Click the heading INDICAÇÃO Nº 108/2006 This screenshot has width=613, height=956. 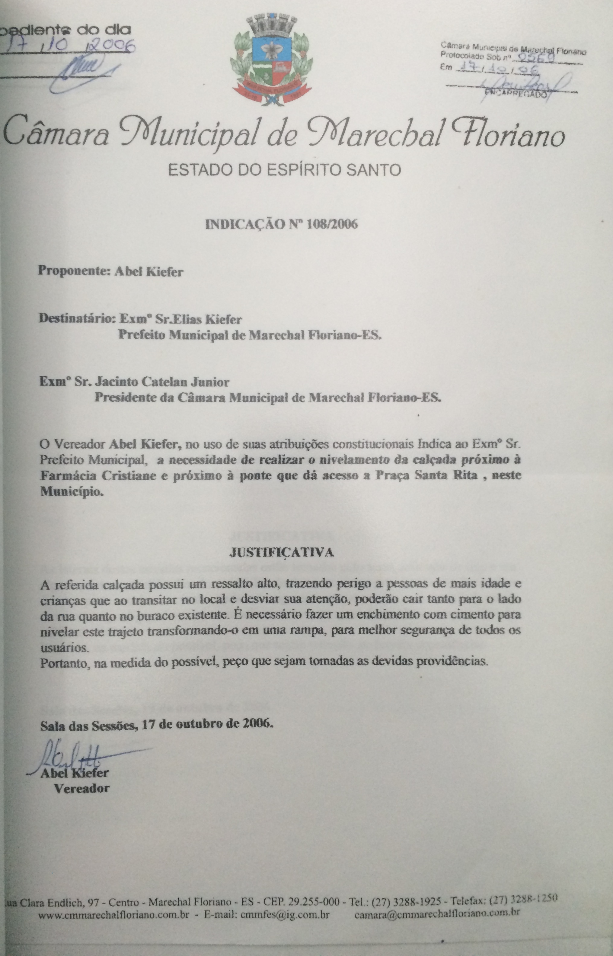(281, 224)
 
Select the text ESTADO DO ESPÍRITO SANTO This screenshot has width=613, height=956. (284, 170)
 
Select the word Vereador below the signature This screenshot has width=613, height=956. (81, 789)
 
